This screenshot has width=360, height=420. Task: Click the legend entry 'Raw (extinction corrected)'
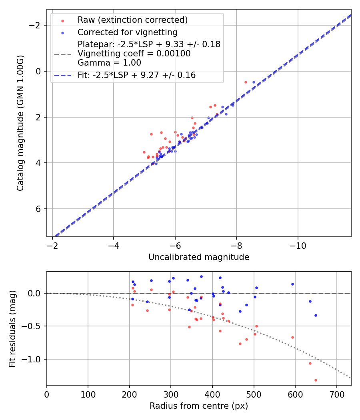pos(132,20)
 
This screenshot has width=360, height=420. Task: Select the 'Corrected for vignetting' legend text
pos(127,32)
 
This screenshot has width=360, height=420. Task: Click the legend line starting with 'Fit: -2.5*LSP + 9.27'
pos(136,75)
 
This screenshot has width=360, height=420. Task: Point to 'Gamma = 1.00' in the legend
pos(109,63)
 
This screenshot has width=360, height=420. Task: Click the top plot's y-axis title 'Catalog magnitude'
pos(20,123)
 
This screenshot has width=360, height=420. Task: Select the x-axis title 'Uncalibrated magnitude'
pos(199,257)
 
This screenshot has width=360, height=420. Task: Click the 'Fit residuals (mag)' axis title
pos(12,328)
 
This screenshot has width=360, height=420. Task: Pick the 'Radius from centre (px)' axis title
pos(199,406)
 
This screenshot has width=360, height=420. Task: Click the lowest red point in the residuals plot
pos(316,380)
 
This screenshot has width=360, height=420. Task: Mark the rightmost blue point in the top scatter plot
pos(254,82)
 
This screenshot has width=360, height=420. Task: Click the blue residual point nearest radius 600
pos(292,284)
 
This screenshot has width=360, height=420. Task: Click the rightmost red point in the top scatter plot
pos(246,82)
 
